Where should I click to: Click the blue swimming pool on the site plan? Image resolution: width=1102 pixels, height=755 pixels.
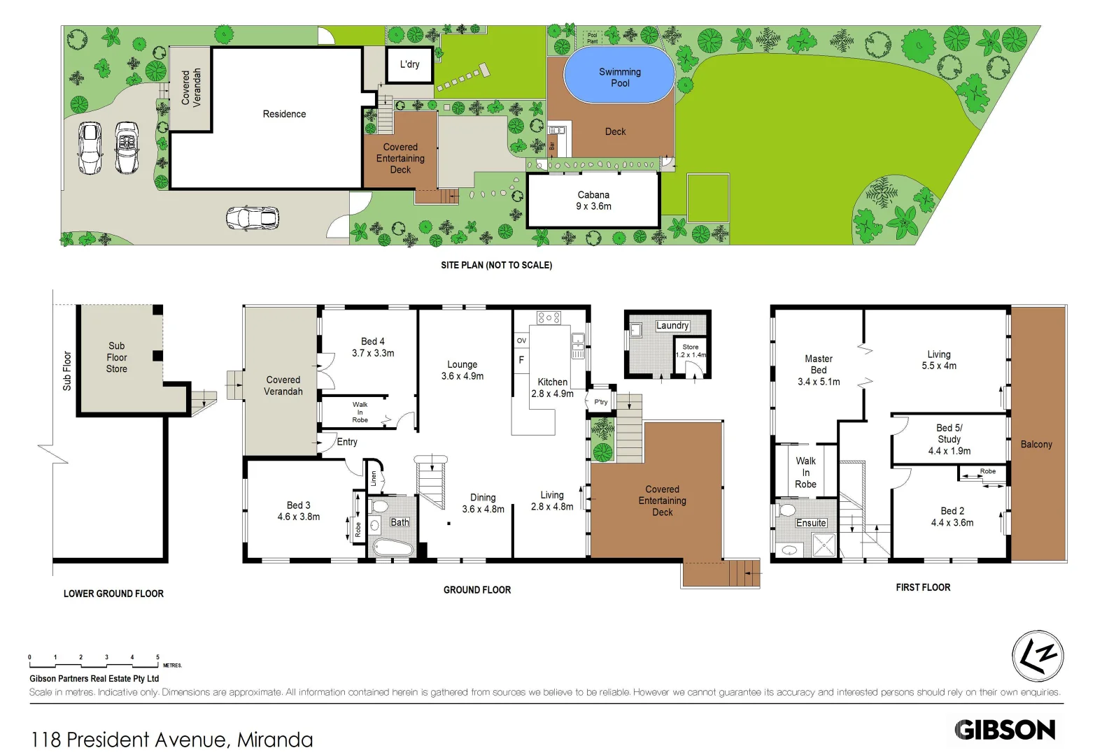point(619,75)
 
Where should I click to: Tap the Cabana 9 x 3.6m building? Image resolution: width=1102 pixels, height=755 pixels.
point(593,201)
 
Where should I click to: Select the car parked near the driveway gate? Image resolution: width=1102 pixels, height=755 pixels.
point(252,218)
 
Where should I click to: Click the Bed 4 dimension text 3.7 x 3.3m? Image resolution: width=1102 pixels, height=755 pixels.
point(373,354)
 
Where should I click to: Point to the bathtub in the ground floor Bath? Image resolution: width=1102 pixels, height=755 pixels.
point(392,547)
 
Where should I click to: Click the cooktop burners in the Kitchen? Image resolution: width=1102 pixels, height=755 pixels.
point(549,318)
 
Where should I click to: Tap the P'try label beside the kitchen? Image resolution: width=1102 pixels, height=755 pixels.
point(601,402)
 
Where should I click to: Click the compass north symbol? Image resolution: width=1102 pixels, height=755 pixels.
point(1038,656)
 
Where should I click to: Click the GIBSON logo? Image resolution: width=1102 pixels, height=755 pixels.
point(1005,730)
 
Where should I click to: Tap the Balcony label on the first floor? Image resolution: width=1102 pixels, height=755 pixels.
point(1036,445)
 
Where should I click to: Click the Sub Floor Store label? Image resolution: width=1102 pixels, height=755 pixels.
point(117,357)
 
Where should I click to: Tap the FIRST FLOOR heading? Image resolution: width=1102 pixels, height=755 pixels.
point(923,588)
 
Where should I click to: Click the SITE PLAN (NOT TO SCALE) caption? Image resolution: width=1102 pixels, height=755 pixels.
point(496,265)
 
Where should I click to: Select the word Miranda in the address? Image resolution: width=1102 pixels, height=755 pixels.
point(275,740)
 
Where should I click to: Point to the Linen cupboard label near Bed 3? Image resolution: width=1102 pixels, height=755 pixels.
point(374,479)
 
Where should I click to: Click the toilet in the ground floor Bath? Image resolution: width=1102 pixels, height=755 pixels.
point(380,506)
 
